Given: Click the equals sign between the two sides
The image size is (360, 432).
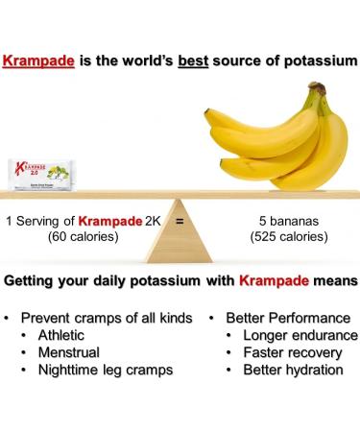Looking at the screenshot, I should point(179,220).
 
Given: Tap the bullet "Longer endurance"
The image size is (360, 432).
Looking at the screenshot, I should point(300,335).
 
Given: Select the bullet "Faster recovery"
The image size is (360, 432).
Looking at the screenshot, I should point(295,352).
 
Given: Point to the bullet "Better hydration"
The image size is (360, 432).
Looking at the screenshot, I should point(294,370).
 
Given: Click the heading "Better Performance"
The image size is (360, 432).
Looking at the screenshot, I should point(288,318).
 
